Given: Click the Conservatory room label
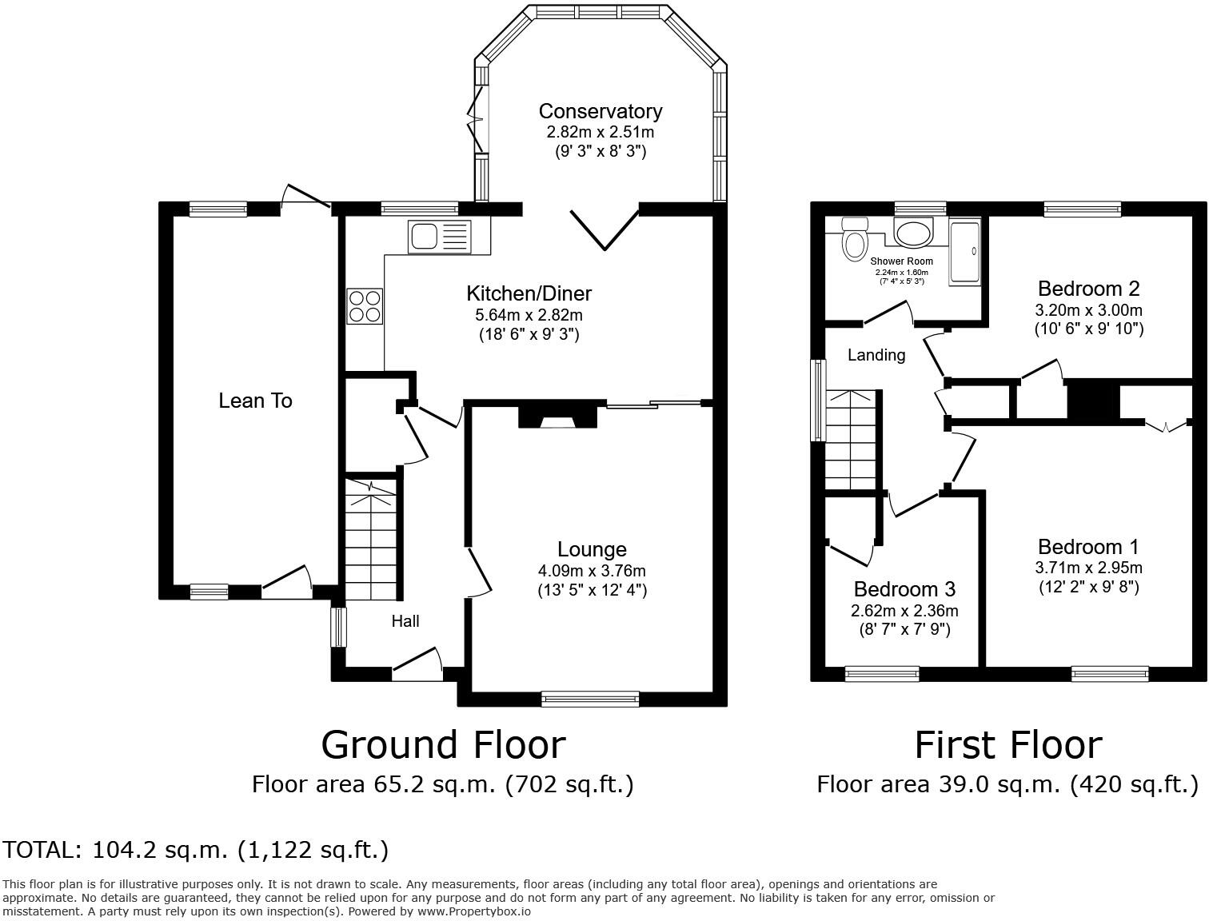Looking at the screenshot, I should click(600, 111).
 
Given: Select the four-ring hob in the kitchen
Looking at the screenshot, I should click(365, 306).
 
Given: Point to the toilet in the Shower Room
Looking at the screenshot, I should click(854, 241).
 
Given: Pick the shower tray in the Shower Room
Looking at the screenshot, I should click(965, 252).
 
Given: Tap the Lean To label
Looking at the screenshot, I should click(255, 401).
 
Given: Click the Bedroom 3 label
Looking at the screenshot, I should click(904, 589).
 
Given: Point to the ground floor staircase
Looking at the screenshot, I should click(370, 540).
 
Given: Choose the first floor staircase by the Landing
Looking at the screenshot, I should click(852, 440).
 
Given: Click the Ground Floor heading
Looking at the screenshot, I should click(443, 745).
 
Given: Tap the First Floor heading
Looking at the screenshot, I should click(1008, 745).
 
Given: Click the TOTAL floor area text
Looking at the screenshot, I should click(196, 849).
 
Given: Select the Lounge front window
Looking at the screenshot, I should click(591, 699).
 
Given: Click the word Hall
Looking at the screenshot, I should click(405, 621).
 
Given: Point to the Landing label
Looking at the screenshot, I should click(876, 355).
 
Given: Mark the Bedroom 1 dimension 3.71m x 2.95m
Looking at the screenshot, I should click(1088, 568).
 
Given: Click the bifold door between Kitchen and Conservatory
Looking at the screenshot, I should click(604, 228).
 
